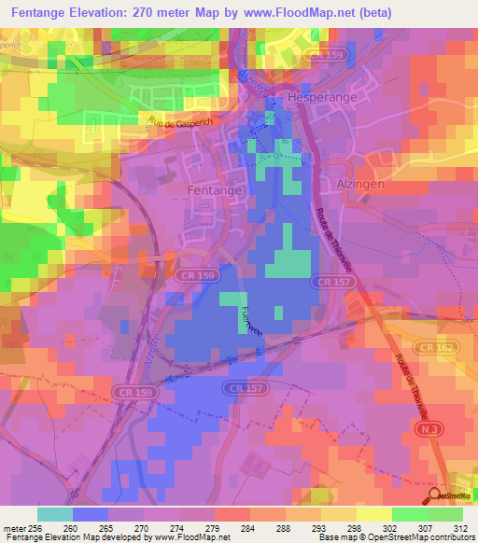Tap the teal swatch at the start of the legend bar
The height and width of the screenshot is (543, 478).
tap(54, 514)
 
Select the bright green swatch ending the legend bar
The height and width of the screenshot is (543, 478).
tap(445, 514)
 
